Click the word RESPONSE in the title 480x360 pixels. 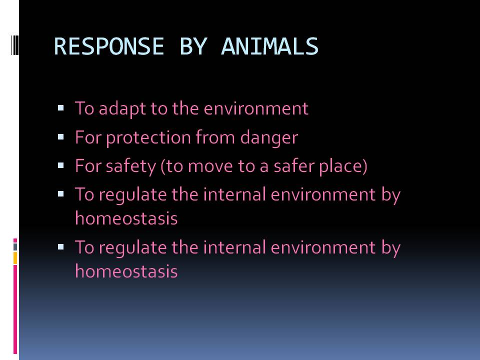tap(108, 46)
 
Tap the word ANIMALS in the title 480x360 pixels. tap(269, 46)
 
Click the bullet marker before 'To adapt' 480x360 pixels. tap(61, 107)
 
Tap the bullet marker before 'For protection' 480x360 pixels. tap(61, 136)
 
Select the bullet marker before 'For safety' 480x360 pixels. tap(61, 164)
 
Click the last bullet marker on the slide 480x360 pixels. tap(61, 246)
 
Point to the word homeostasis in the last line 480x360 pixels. tap(126, 271)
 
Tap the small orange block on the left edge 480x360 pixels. tap(15, 258)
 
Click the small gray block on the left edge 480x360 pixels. tap(15, 246)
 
